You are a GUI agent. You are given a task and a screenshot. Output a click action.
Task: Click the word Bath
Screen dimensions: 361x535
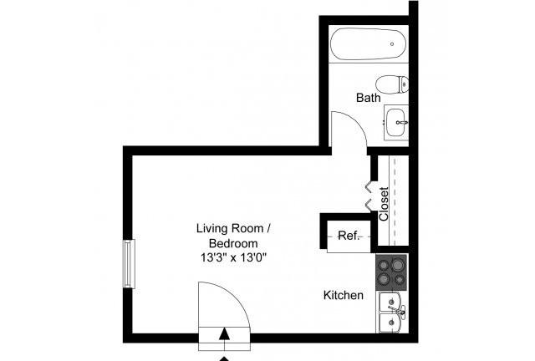point(369,99)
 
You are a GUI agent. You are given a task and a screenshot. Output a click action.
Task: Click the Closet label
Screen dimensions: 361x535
point(384,203)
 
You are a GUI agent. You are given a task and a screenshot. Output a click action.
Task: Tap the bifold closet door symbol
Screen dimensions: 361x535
point(368,195)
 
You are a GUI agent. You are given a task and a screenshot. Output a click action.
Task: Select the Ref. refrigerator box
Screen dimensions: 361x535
point(348,236)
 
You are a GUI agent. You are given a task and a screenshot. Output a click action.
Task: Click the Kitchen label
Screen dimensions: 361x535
point(344,295)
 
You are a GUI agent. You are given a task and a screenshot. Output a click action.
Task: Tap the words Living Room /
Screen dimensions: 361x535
point(233,228)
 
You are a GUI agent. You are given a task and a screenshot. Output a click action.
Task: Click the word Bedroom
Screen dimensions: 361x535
point(233,243)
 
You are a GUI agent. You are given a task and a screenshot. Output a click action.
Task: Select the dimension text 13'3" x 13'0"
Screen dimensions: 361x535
point(233,258)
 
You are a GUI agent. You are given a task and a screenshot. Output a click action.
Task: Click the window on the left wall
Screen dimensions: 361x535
point(128,264)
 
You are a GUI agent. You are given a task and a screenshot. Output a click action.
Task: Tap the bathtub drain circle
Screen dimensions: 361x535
point(392,44)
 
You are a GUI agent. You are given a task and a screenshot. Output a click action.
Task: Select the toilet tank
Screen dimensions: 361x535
point(405,84)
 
